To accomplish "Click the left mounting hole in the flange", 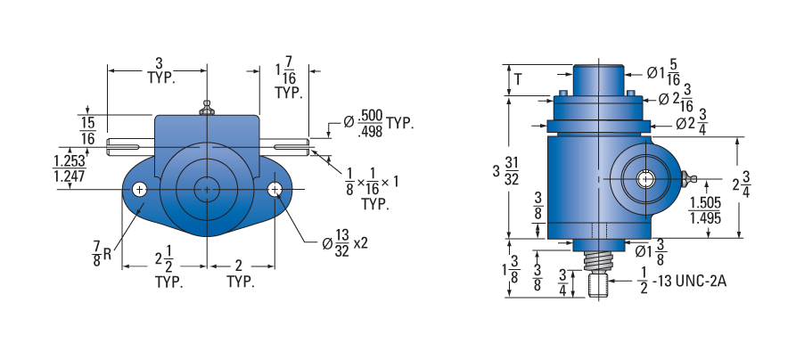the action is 139,190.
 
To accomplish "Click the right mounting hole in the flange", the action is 275,190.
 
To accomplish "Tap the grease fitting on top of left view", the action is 206,108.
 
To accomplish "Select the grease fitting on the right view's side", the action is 689,179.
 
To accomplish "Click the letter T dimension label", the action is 517,79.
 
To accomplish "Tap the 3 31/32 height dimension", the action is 505,170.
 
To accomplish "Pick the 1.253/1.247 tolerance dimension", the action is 70,168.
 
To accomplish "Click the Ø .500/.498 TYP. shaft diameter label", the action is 378,123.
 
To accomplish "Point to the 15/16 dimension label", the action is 87,131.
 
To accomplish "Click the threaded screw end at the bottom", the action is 599,285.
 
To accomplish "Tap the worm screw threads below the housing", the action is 599,261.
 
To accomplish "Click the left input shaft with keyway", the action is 130,147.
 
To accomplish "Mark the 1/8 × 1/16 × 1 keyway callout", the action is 372,189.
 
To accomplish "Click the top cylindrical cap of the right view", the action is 598,79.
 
